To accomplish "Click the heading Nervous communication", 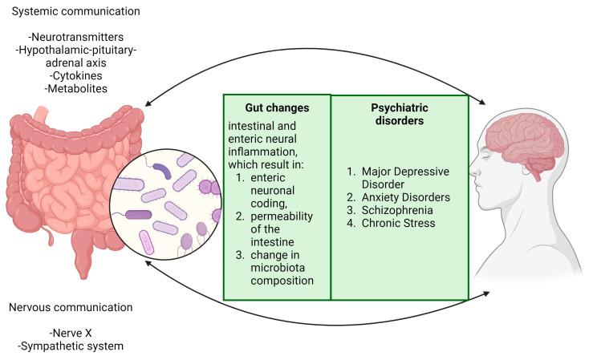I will click(71, 308).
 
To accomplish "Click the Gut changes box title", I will click(276, 107).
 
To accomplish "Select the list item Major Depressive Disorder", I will click(399, 177).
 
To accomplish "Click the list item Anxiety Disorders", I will click(399, 196).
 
